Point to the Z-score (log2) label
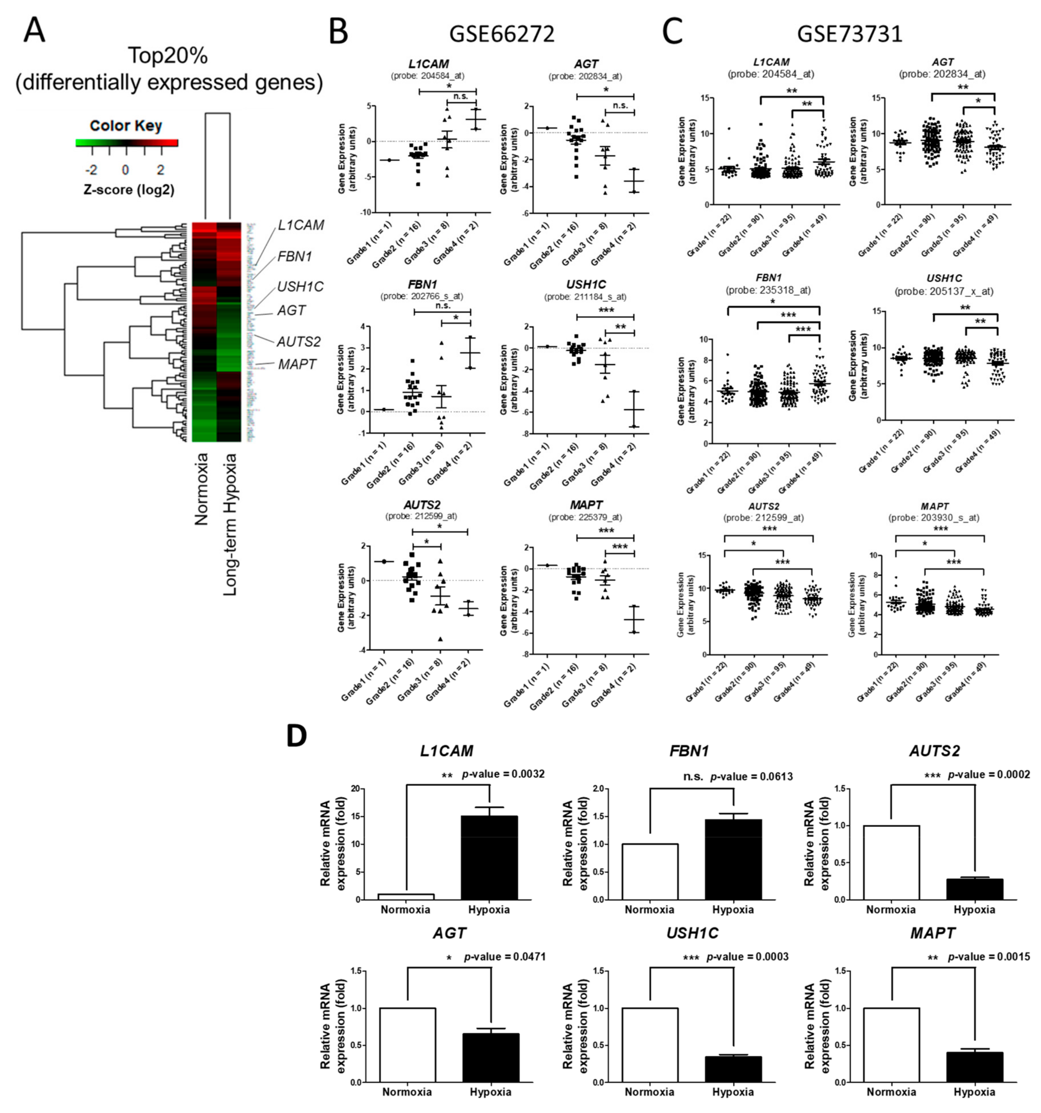point(129,190)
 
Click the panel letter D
point(297,736)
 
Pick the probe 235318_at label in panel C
point(768,290)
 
